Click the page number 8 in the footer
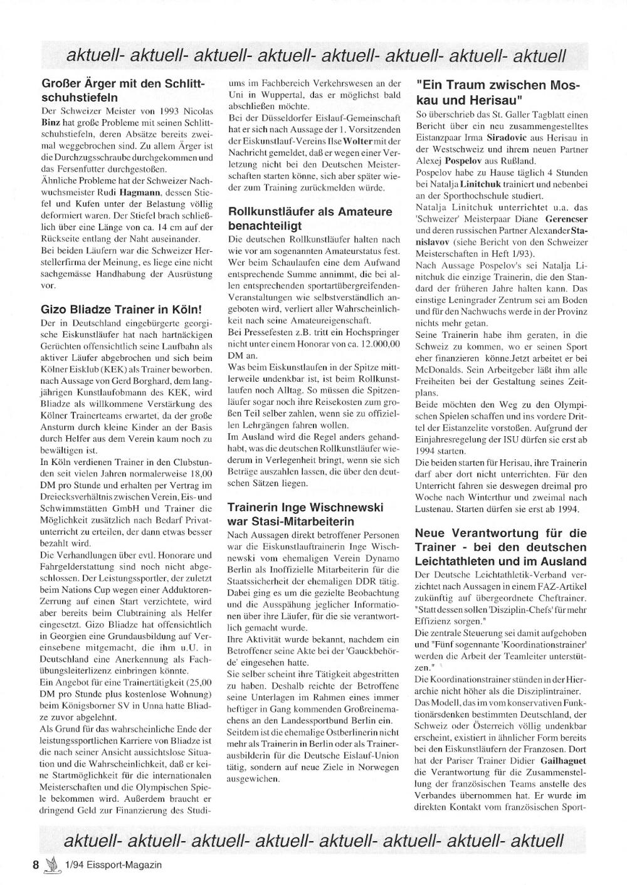coord(36,864)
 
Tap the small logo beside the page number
coord(51,864)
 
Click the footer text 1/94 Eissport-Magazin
coord(113,864)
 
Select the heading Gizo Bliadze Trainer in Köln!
coord(121,309)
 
